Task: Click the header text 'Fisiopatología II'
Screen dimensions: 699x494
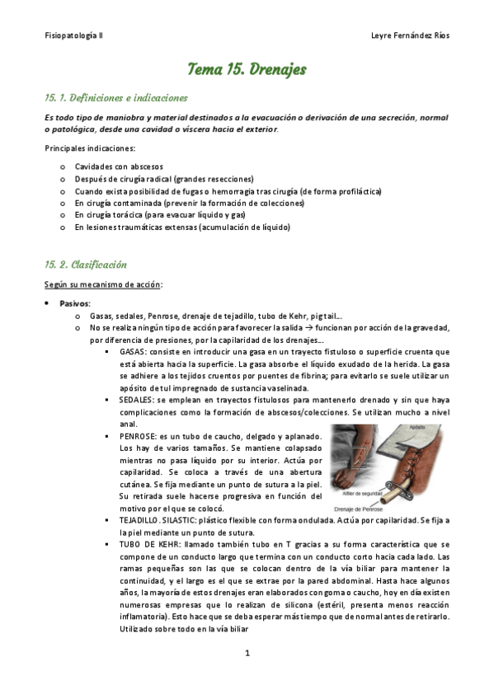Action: coord(74,36)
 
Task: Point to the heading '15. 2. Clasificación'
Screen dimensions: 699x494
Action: coord(86,265)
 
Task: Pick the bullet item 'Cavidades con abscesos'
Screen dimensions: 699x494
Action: coord(119,167)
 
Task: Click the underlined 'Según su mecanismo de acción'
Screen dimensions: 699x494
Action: coord(103,284)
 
